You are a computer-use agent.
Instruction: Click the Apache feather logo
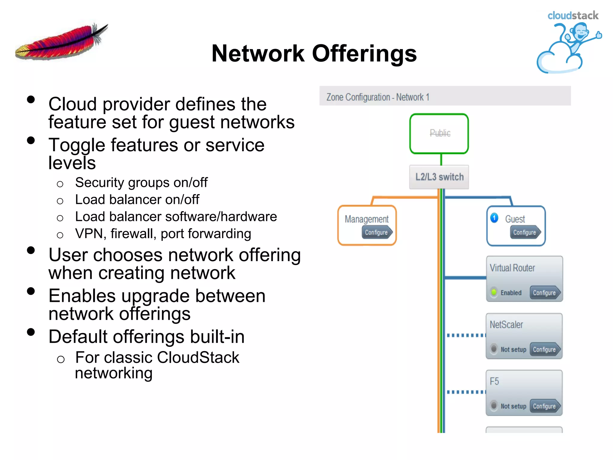point(61,42)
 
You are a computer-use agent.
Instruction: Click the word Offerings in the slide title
point(364,54)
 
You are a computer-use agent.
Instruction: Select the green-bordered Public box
point(439,134)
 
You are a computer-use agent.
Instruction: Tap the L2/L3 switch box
point(439,177)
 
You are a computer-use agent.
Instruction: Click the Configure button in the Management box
point(377,232)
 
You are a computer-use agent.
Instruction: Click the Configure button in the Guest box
point(525,232)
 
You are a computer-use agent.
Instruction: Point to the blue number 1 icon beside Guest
point(494,218)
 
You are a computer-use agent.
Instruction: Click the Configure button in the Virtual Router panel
point(544,293)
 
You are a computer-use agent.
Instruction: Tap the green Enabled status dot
point(494,292)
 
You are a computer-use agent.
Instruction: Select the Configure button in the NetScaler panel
point(544,349)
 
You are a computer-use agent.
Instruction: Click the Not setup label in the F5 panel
point(513,406)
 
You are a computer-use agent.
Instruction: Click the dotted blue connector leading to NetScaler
point(466,335)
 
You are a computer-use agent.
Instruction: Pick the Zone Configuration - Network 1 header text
point(378,97)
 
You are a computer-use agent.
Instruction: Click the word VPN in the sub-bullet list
point(89,234)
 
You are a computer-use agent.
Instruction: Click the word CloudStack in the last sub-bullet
point(198,357)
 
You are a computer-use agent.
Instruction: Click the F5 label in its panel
point(494,381)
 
